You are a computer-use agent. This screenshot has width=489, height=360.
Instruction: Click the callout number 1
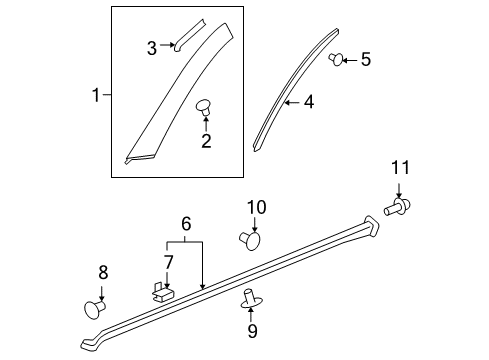tap(96, 96)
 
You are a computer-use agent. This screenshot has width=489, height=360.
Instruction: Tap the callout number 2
tap(206, 141)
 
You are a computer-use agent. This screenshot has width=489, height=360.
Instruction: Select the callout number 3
tap(152, 47)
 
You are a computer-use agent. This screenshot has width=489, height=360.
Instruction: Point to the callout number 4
tap(309, 102)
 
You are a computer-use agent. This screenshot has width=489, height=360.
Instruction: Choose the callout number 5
tap(365, 60)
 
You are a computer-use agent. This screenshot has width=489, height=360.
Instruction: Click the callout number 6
tap(185, 226)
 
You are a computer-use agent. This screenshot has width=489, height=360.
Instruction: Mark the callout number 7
tap(168, 262)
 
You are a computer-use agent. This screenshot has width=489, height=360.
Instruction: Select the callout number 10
tap(256, 208)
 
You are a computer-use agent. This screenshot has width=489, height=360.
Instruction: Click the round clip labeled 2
tap(205, 106)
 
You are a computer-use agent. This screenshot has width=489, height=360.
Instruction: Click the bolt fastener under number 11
tap(397, 207)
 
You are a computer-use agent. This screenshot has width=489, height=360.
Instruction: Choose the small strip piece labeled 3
tap(188, 33)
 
